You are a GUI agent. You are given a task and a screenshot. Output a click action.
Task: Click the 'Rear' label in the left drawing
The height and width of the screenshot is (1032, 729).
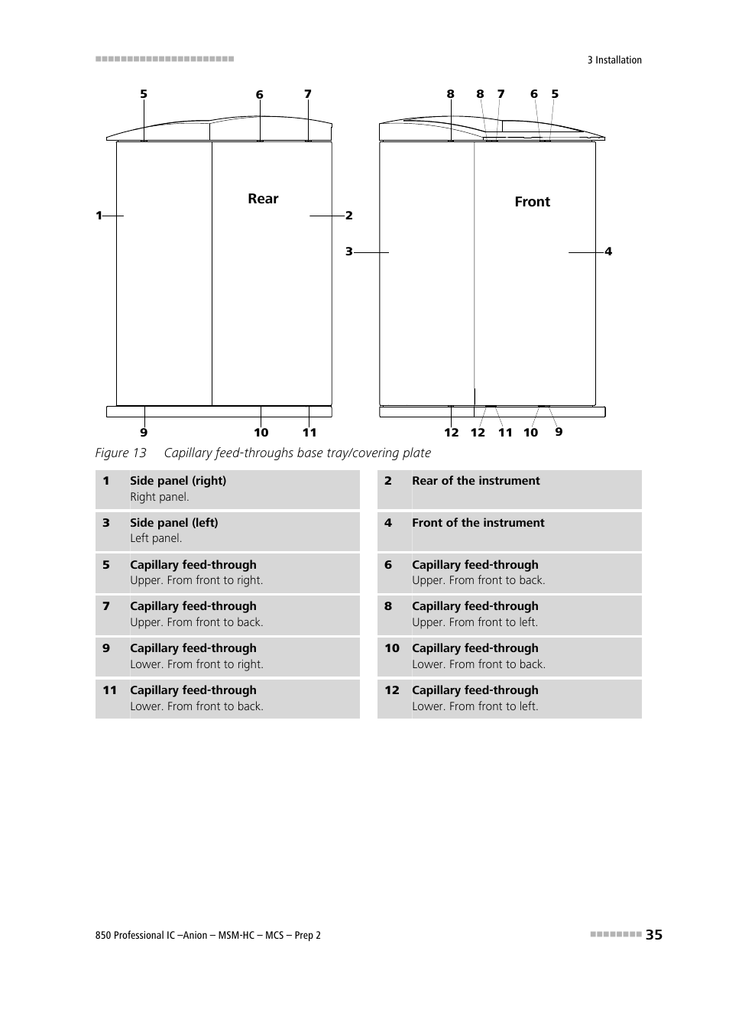tap(263, 199)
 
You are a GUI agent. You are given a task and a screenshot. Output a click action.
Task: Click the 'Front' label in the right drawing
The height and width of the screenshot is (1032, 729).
tap(532, 202)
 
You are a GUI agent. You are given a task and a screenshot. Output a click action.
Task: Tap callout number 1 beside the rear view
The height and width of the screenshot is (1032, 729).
tap(99, 216)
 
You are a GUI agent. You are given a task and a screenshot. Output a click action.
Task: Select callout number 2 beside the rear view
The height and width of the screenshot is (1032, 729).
tap(349, 216)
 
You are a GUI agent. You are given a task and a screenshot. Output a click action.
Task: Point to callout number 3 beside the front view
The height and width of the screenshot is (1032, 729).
tap(348, 252)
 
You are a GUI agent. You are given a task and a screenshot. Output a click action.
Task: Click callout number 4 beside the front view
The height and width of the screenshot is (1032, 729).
tap(608, 252)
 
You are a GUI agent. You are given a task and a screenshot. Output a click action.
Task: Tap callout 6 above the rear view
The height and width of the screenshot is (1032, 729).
tap(260, 95)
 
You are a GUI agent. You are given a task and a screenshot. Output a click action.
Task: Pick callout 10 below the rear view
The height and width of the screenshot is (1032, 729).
tap(261, 433)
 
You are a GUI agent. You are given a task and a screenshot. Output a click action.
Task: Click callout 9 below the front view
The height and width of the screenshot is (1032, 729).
tap(559, 432)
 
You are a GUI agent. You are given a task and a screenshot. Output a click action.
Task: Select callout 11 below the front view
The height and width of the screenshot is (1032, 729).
tap(505, 433)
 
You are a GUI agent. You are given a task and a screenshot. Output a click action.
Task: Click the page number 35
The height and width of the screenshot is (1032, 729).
tap(653, 934)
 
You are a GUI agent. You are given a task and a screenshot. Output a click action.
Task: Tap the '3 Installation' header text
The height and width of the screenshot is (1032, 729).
tap(614, 60)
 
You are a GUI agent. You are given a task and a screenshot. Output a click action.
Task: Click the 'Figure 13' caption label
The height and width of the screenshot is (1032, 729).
tap(121, 453)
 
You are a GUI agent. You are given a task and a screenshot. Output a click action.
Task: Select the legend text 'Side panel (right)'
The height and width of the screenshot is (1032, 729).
tap(178, 481)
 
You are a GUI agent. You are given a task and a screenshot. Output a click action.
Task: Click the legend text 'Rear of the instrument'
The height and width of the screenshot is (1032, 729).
tap(475, 481)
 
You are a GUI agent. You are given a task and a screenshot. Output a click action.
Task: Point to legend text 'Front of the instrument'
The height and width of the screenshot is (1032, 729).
tap(478, 523)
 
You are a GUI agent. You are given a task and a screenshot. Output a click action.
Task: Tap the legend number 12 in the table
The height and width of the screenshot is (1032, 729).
tap(392, 690)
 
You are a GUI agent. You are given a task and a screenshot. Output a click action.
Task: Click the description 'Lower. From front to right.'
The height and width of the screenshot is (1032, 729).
tap(196, 664)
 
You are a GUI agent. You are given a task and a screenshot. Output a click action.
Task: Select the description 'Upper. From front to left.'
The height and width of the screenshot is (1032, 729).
tap(475, 622)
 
